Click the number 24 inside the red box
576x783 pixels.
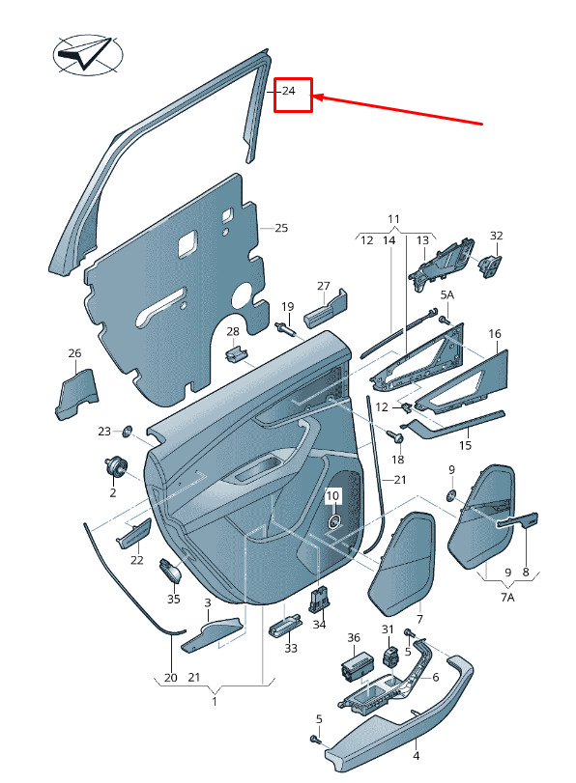(x=289, y=91)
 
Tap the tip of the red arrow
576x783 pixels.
(x=313, y=96)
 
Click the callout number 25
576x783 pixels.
(x=281, y=228)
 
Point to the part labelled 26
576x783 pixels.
(x=76, y=394)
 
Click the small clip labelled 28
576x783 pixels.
(x=235, y=354)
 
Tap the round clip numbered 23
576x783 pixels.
(x=127, y=431)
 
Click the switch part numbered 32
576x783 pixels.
(x=491, y=266)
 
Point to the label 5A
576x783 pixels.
(x=446, y=294)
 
